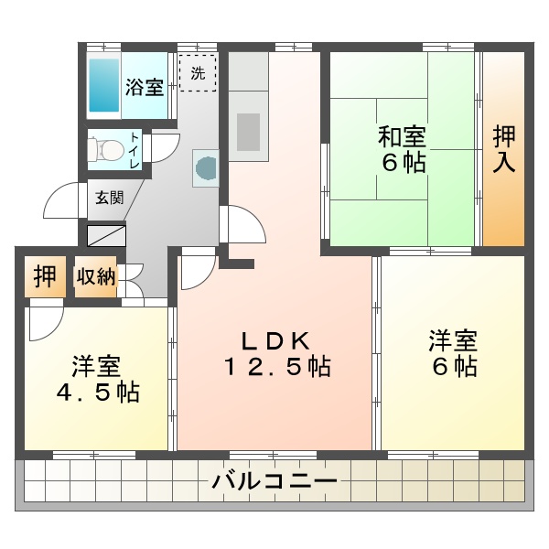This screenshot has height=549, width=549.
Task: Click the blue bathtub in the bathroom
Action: point(104,85)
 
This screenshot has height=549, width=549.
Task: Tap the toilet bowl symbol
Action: point(106,149)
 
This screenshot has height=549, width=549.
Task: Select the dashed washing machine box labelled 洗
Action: point(198,73)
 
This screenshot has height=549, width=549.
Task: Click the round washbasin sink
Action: point(206,168)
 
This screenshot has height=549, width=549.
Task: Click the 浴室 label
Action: point(145,87)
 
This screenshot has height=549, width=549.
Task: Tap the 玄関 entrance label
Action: point(110,199)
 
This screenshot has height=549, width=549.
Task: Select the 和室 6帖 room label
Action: point(403,149)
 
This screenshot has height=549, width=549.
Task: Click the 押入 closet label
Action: point(504,149)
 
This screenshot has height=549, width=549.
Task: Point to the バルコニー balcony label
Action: point(274,481)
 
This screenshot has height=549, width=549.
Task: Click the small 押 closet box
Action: point(45,276)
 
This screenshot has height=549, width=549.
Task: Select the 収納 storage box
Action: point(96,277)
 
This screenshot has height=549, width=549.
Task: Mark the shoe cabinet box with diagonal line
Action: point(106,235)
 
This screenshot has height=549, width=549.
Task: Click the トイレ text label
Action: point(135,150)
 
